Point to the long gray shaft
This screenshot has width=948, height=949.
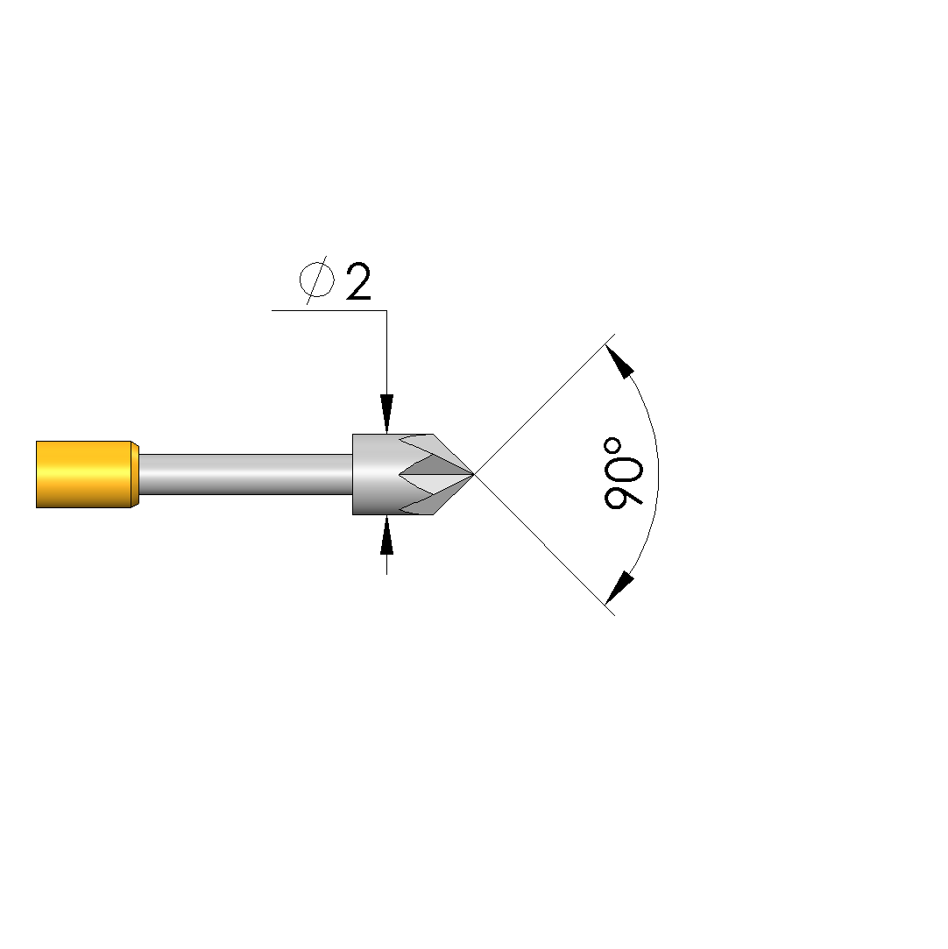[245, 475]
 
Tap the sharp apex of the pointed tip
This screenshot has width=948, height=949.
[474, 475]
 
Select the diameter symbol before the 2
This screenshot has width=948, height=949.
[316, 280]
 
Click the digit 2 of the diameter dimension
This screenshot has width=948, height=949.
[358, 281]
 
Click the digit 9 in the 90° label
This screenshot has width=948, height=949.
[623, 490]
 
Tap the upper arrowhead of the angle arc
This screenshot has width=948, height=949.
[619, 361]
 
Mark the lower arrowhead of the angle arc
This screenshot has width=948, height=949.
[619, 588]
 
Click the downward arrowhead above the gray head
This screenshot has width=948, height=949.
[386, 414]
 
